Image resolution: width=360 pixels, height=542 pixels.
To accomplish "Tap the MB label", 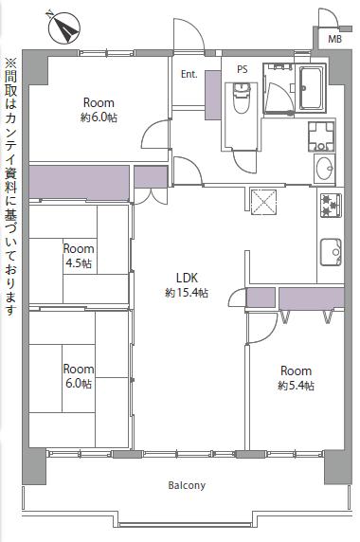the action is click(334, 40).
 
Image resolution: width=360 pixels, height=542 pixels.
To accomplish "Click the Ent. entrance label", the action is click(189, 74).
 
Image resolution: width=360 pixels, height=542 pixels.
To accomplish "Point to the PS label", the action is click(243, 69).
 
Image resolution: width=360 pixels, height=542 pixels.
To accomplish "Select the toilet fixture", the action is click(242, 98).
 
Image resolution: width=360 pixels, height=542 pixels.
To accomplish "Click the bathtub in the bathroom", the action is click(312, 88).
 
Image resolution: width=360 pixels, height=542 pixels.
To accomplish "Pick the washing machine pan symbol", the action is click(321, 136).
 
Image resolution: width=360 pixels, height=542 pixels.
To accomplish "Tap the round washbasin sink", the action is click(324, 169).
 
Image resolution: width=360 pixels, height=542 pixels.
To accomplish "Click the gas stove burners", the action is click(331, 206).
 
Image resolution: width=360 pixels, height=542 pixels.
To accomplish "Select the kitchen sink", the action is click(331, 252).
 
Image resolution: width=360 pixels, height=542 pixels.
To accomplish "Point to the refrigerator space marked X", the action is click(263, 202).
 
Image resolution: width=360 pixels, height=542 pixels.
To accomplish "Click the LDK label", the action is click(187, 278).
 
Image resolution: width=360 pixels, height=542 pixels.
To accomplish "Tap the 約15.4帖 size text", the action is click(187, 293).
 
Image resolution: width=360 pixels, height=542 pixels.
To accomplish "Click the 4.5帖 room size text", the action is click(79, 263).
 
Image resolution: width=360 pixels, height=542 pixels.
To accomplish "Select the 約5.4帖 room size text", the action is click(297, 386).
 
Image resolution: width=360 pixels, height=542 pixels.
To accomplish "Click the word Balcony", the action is click(187, 485).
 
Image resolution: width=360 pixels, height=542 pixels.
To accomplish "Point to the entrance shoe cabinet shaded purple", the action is click(213, 96).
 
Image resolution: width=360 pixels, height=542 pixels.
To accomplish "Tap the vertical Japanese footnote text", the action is click(10, 187).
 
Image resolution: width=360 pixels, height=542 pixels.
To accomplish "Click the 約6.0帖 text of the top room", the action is click(99, 117).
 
